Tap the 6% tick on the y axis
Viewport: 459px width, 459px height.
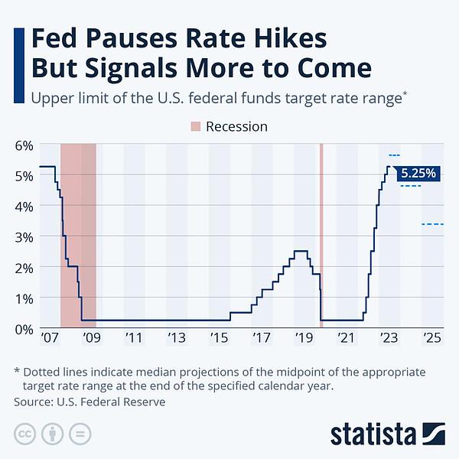pos(24,145)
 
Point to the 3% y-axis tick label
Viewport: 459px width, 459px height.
pos(24,237)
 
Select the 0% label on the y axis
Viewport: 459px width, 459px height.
pos(24,329)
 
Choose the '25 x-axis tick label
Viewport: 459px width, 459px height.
pos(431,337)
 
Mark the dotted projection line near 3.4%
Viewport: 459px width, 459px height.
pos(432,224)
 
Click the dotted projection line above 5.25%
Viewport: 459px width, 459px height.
pos(393,156)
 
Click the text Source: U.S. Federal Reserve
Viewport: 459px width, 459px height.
pos(90,401)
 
